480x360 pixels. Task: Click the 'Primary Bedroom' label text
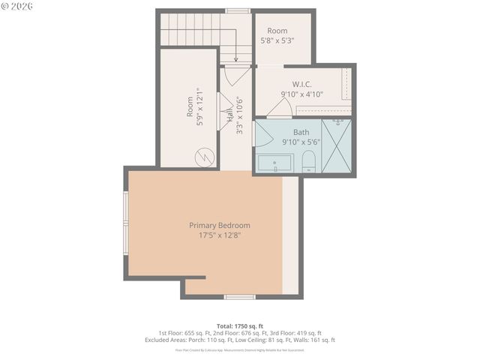coord(219,225)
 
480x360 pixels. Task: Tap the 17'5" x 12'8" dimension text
coord(219,235)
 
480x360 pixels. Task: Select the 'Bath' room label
coord(290,132)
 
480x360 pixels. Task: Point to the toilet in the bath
coord(308,160)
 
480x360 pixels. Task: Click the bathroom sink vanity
coord(276,163)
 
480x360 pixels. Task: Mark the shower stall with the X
coord(336,145)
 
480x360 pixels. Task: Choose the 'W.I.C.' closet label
coord(302,85)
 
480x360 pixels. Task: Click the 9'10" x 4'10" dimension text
coord(301,94)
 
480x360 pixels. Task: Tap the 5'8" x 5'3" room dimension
coord(277,40)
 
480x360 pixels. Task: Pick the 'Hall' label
coord(229,116)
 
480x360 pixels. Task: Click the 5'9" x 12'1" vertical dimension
coord(199,107)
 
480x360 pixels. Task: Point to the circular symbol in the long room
coord(203,157)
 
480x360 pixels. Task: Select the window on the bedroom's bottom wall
coord(240,297)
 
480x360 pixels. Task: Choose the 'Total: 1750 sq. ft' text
coord(239,325)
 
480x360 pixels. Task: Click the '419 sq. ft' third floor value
coord(306,332)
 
